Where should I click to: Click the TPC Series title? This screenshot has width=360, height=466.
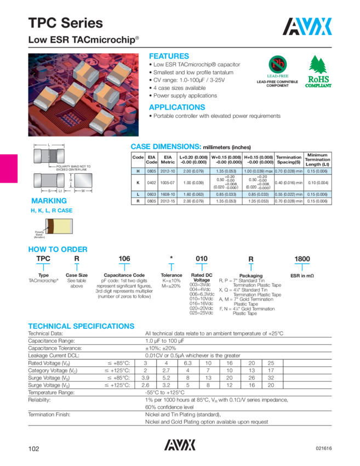65,23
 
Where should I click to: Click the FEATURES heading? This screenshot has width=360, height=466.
169,56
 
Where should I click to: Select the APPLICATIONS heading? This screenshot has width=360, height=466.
177,107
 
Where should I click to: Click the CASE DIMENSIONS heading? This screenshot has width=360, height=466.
165,147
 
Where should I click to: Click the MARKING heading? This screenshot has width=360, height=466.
49,201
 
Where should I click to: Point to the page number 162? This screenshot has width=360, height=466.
35,448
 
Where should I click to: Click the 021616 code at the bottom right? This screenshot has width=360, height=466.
323,448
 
